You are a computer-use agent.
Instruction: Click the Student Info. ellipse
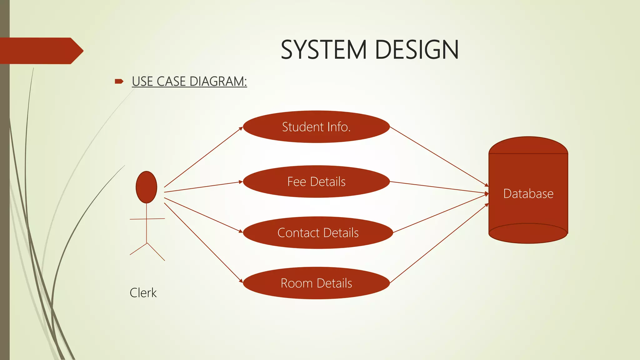tap(316, 127)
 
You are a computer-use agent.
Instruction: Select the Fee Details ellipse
tap(316, 182)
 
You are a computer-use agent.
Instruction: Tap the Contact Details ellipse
tap(318, 233)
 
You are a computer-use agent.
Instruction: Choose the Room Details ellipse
tap(316, 283)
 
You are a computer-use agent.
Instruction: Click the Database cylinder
tap(528, 194)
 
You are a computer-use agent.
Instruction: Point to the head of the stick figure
tap(146, 187)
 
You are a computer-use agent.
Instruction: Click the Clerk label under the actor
tap(143, 293)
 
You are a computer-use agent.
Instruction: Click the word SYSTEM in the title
tap(324, 50)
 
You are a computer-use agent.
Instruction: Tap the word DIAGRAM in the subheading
tap(218, 82)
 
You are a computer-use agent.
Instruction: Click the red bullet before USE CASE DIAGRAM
tap(119, 82)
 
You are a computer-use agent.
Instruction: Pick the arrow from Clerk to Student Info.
tap(203, 157)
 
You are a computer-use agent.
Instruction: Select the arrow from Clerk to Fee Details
tap(203, 187)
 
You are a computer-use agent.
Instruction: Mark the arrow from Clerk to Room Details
tap(203, 242)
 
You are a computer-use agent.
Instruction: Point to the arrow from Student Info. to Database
tap(439, 157)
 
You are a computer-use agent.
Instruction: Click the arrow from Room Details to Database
tap(439, 243)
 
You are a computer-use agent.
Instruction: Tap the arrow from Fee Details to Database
tap(439, 187)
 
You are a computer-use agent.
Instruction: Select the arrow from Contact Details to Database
tap(441, 213)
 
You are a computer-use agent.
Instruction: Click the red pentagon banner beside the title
tap(41, 51)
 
